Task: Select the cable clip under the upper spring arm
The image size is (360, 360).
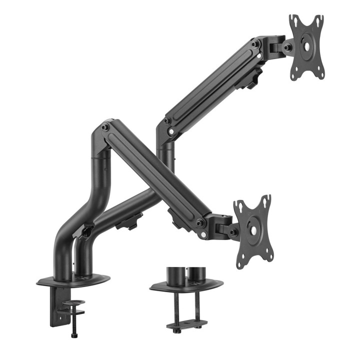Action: tap(253, 78)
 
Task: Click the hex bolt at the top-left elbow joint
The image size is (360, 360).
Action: tap(105, 128)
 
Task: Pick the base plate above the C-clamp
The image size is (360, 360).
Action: tap(73, 281)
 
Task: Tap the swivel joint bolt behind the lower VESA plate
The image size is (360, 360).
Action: tap(233, 231)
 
